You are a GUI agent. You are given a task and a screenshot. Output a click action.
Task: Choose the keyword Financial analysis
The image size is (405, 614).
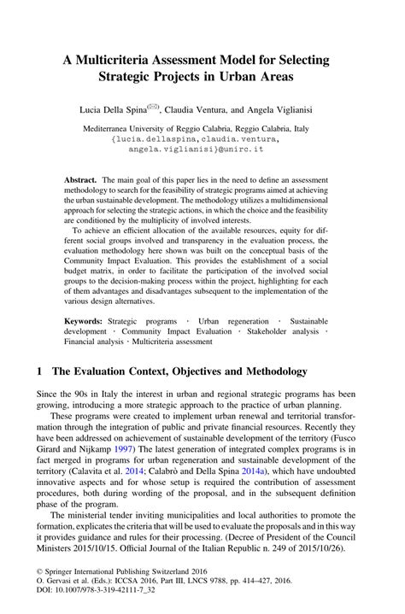(x=98, y=341)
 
